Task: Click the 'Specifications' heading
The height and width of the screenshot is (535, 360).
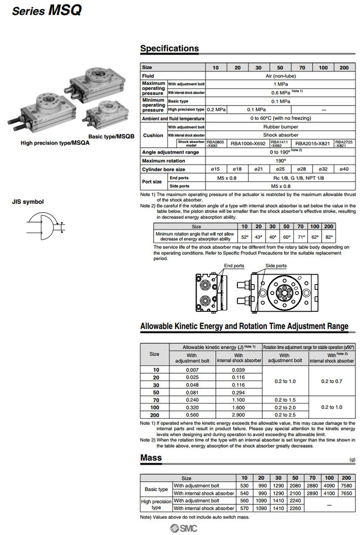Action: (x=169, y=48)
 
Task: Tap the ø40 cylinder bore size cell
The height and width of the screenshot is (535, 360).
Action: (x=344, y=169)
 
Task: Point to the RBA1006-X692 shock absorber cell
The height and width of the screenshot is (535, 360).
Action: (x=248, y=143)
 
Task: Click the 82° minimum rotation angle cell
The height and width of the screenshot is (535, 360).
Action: (x=328, y=237)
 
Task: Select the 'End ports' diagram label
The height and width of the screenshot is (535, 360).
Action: (x=234, y=266)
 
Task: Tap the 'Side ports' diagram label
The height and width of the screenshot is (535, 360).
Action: (x=276, y=266)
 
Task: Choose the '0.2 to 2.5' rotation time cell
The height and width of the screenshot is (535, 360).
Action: (x=285, y=415)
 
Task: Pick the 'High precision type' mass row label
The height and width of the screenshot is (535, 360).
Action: (x=156, y=504)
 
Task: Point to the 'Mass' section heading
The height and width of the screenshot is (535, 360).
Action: (x=151, y=458)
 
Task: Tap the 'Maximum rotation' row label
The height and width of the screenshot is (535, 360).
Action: (x=163, y=161)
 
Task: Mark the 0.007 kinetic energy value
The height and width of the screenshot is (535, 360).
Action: (x=192, y=370)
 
